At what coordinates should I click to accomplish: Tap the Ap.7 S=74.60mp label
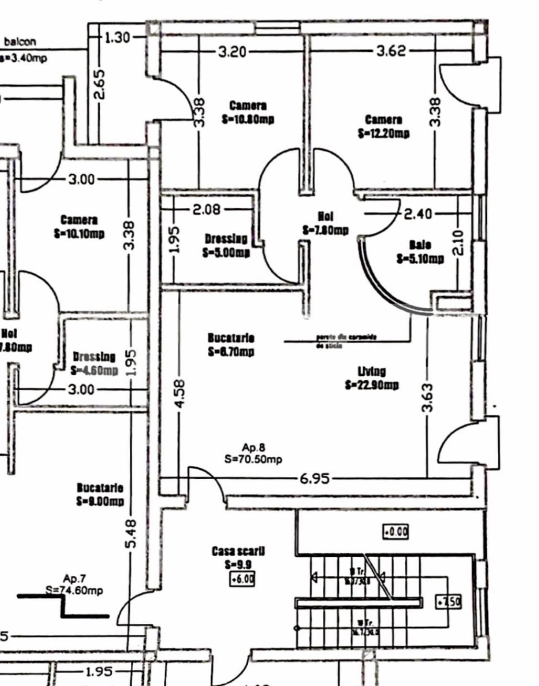(x=74, y=585)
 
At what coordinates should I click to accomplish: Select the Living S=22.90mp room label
(x=372, y=378)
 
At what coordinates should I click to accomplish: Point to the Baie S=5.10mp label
(x=420, y=252)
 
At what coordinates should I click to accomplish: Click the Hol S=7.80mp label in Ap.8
(x=325, y=224)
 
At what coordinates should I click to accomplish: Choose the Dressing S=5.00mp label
(x=226, y=245)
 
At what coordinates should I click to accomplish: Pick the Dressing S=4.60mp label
(x=94, y=363)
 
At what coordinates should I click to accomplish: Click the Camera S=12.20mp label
(x=383, y=126)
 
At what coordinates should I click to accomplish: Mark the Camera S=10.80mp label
(x=248, y=112)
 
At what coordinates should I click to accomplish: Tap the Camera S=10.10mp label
(x=79, y=226)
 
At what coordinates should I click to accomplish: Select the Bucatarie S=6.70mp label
(x=231, y=345)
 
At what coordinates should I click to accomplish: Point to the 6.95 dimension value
(x=314, y=478)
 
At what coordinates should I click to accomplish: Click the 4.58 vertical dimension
(x=179, y=394)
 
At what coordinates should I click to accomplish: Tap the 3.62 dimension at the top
(x=391, y=50)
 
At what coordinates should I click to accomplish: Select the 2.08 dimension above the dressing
(x=206, y=209)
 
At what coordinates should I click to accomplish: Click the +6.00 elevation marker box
(x=242, y=579)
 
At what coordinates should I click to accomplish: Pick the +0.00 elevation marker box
(x=395, y=532)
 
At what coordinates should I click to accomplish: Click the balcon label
(x=20, y=42)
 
